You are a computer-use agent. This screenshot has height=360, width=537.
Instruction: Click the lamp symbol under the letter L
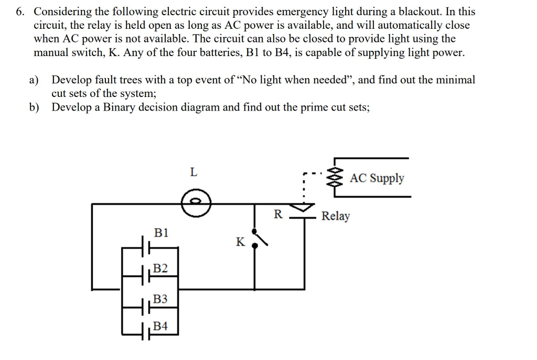click(196, 202)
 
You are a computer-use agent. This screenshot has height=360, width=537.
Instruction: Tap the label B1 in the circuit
click(162, 232)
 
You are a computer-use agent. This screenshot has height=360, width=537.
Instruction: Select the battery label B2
click(161, 269)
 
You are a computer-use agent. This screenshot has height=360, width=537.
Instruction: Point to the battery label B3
click(161, 299)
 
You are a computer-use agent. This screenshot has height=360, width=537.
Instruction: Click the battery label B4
click(161, 326)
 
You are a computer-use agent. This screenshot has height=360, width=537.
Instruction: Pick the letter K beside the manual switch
click(240, 242)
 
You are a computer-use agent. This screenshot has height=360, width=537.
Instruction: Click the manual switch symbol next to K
click(260, 238)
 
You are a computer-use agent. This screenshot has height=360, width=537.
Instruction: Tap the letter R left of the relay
click(278, 214)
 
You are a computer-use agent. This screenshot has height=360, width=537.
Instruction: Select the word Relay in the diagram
click(336, 216)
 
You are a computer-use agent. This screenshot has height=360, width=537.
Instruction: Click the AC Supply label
click(377, 178)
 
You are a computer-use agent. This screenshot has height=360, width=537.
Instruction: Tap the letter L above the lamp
click(194, 172)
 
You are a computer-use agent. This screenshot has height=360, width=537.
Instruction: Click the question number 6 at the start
click(19, 12)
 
